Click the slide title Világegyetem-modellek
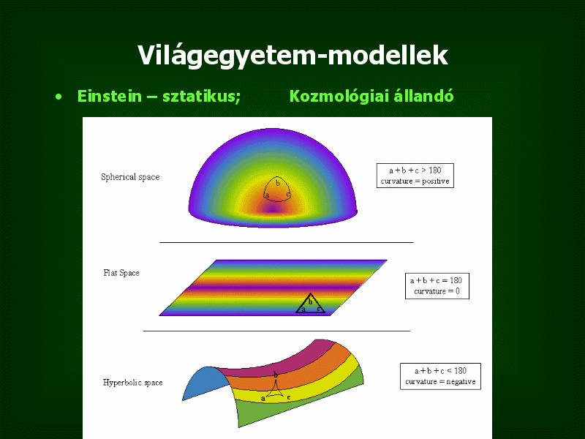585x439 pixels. (x=292, y=56)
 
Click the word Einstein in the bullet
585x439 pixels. (x=109, y=96)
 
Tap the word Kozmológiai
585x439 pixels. (x=339, y=96)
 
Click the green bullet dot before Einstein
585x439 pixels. (x=58, y=97)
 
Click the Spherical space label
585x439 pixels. (x=130, y=177)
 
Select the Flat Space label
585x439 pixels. (x=121, y=273)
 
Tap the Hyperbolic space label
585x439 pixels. (x=133, y=383)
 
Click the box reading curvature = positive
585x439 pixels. (x=415, y=176)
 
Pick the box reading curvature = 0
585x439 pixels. (x=437, y=286)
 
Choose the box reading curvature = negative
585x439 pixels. (x=441, y=376)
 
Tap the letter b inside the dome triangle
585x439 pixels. (x=278, y=183)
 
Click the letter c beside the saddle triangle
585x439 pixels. (x=289, y=397)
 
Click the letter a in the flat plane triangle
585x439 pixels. (x=303, y=309)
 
